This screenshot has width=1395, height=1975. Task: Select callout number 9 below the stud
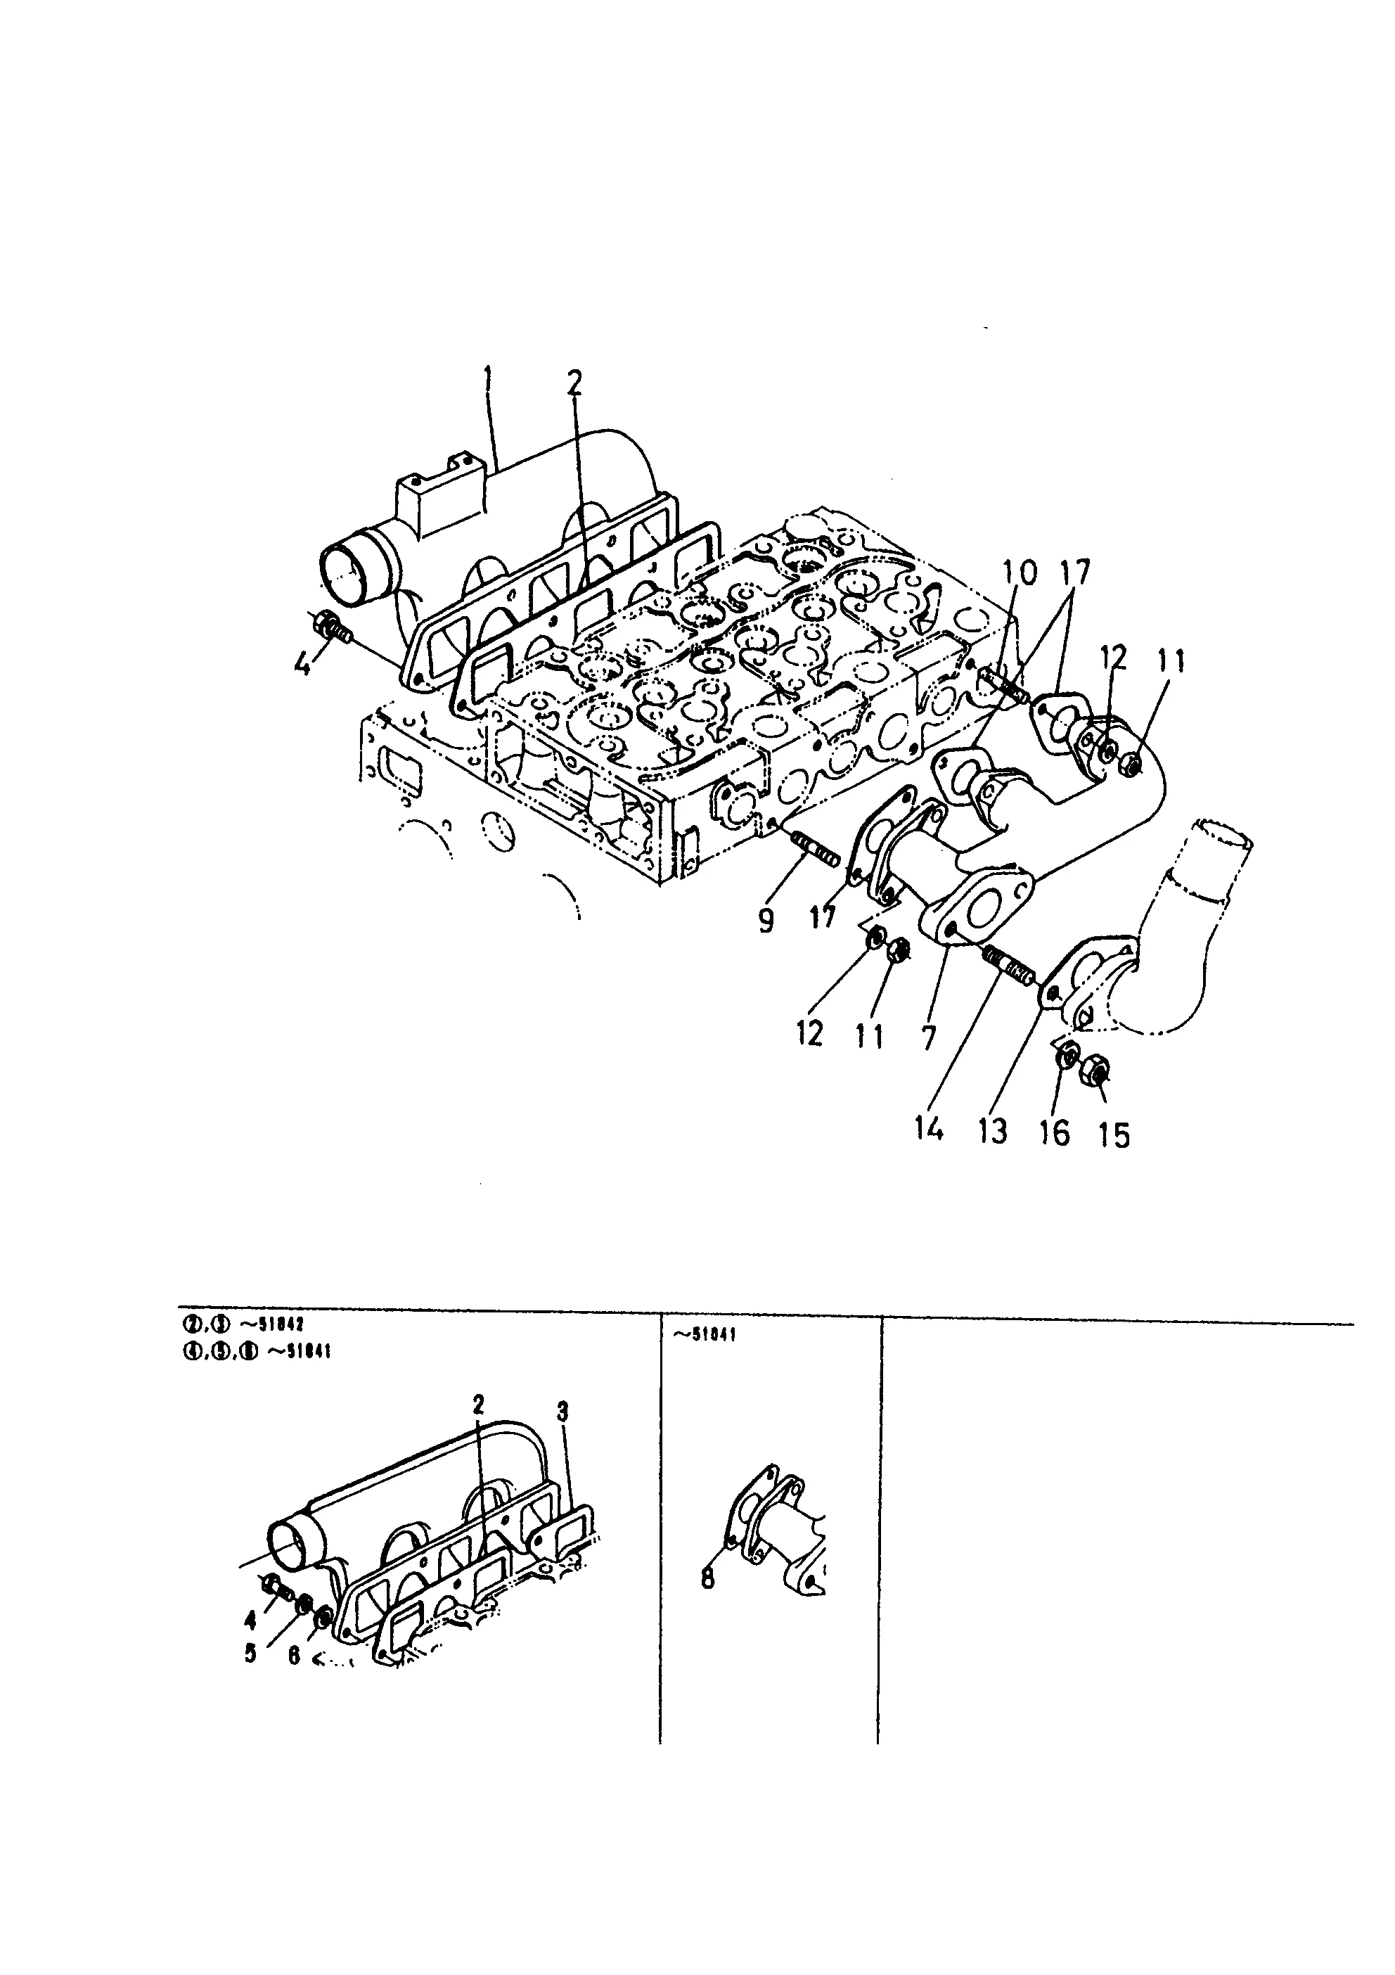(x=766, y=921)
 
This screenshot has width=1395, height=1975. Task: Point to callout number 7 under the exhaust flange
(x=927, y=1039)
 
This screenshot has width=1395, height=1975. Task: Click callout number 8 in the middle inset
(x=708, y=1579)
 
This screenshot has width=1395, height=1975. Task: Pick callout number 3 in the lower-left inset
(x=562, y=1411)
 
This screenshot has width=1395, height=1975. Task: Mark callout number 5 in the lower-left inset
(x=250, y=1654)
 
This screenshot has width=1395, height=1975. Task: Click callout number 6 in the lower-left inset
(x=293, y=1655)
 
